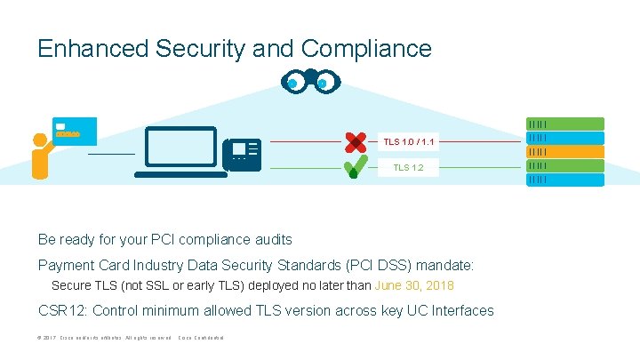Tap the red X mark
[x=355, y=141]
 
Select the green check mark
[x=355, y=165]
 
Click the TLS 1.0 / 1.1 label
[x=409, y=141]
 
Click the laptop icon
[x=181, y=152]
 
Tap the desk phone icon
[x=242, y=155]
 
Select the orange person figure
[x=40, y=155]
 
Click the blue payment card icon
[x=74, y=131]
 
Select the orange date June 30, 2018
[x=414, y=285]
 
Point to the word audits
[x=269, y=239]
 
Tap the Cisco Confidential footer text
[x=201, y=339]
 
